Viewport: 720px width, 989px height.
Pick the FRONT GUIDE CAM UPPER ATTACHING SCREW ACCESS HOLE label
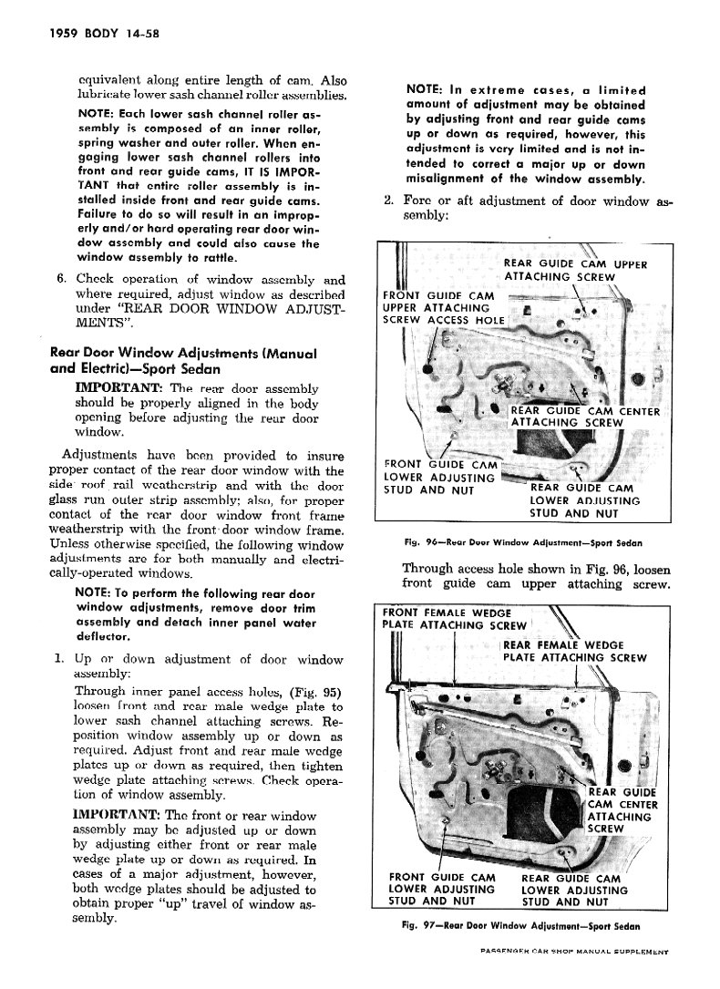tap(444, 308)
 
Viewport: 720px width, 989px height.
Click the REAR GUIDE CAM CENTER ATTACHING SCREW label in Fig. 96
tap(583, 416)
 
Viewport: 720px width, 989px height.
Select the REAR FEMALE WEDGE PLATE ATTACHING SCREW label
tap(574, 651)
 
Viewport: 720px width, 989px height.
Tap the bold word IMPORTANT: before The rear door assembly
tap(120, 388)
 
